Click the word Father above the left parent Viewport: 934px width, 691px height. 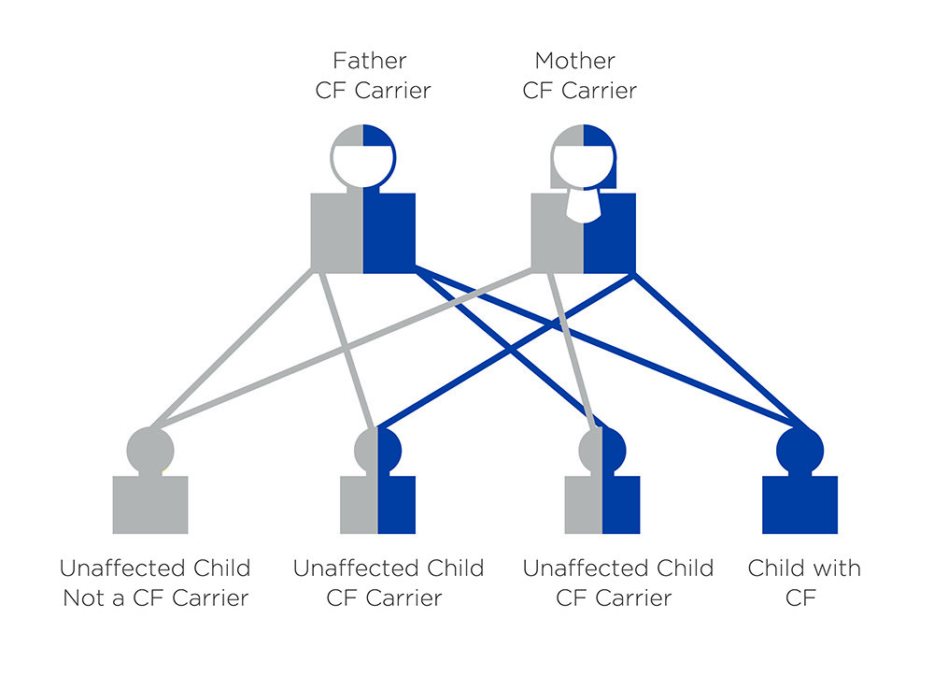(x=369, y=61)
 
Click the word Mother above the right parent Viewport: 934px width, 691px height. (x=574, y=61)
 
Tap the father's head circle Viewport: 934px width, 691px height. (x=363, y=157)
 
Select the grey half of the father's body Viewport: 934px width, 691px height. (x=336, y=234)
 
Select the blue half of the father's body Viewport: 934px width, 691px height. (x=389, y=234)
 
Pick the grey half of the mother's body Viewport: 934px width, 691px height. (x=557, y=234)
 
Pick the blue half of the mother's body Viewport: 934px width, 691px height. (x=610, y=234)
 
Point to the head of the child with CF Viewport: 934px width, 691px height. (x=800, y=447)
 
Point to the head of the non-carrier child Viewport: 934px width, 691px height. (x=150, y=447)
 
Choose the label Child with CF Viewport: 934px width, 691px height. (x=803, y=582)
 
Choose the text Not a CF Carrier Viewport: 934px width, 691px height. (x=156, y=597)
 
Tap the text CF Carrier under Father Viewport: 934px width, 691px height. (x=373, y=91)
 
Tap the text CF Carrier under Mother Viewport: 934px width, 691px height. (x=579, y=91)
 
